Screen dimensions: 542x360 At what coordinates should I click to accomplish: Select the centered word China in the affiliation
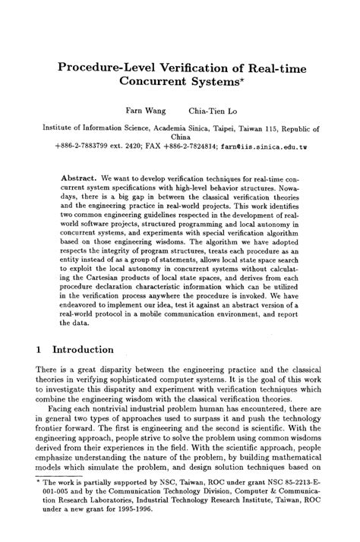[x=180, y=139]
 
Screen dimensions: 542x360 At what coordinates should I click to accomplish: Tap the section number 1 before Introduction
[x=39, y=350]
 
